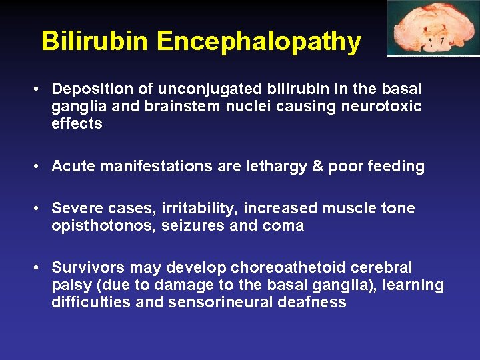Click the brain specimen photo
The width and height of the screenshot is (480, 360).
433,29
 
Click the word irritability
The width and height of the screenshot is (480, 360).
194,209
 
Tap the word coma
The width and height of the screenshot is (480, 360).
284,226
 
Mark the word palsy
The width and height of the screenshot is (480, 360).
67,285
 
